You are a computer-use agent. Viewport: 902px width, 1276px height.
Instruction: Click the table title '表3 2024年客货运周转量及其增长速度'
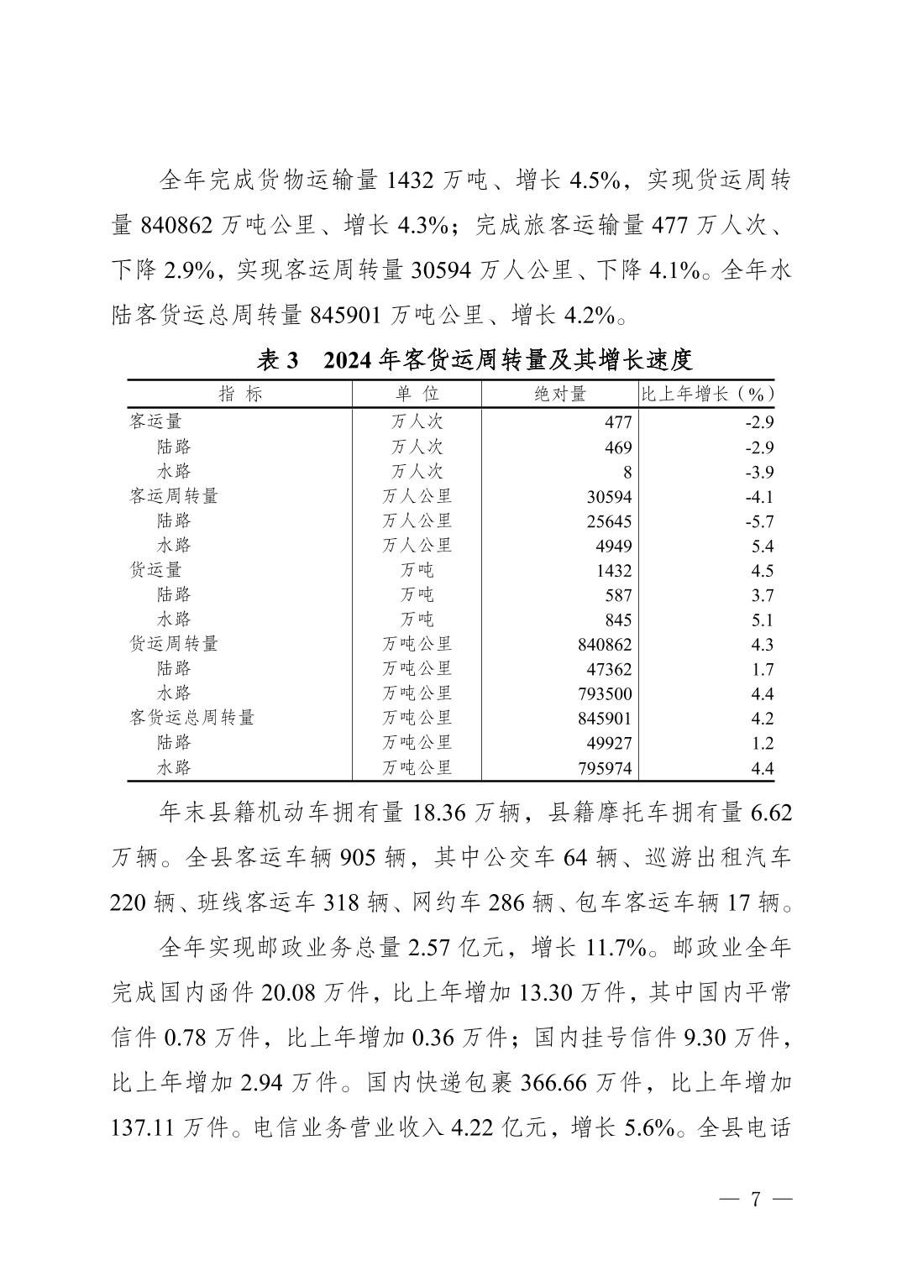click(475, 361)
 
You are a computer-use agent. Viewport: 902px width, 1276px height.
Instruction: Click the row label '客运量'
click(155, 421)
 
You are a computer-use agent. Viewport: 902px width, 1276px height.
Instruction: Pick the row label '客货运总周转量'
click(191, 718)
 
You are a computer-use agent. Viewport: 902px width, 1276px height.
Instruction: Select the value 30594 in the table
click(609, 497)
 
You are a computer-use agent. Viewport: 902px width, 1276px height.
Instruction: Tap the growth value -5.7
click(758, 521)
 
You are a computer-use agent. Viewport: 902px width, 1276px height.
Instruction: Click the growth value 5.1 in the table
click(763, 620)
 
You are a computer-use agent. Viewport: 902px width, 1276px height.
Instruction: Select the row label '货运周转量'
click(174, 644)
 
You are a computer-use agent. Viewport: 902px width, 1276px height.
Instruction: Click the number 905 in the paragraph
click(359, 858)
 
